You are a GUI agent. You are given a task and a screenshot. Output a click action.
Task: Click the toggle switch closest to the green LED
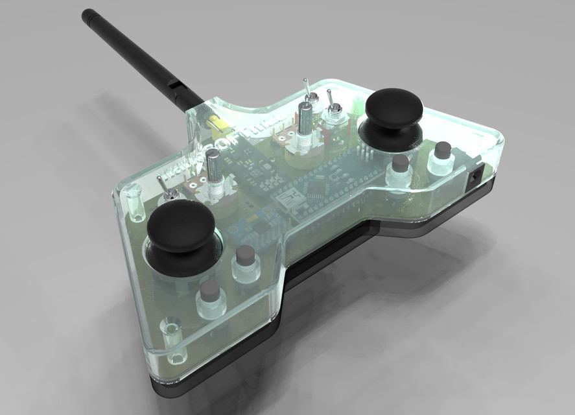coord(333,110)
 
